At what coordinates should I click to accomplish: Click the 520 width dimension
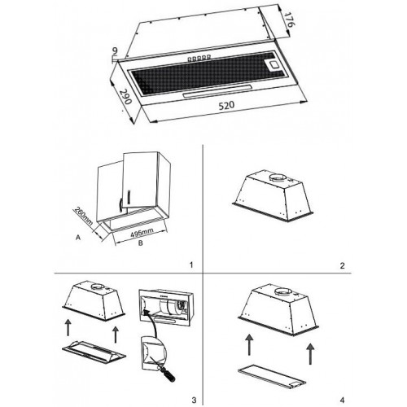(x=226, y=106)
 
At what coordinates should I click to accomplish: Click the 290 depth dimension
(x=125, y=96)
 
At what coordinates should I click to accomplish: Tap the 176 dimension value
(x=290, y=19)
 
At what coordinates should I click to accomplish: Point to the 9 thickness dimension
(x=115, y=50)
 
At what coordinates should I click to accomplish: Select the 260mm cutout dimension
(x=83, y=217)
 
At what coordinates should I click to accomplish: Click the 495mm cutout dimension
(x=142, y=233)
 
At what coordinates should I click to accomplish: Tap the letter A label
(x=78, y=238)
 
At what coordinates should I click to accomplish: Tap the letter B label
(x=141, y=243)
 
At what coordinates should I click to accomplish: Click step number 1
(x=191, y=265)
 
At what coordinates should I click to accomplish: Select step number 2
(x=343, y=265)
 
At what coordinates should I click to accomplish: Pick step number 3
(x=194, y=400)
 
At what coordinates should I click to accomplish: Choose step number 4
(x=342, y=400)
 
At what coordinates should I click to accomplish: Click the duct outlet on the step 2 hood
(x=278, y=178)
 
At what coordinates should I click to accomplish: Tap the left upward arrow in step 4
(x=249, y=344)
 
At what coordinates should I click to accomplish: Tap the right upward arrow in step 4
(x=311, y=353)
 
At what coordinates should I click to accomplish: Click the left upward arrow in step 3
(x=68, y=327)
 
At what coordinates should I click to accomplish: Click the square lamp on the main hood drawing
(x=273, y=65)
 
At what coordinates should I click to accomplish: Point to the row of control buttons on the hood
(x=199, y=58)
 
